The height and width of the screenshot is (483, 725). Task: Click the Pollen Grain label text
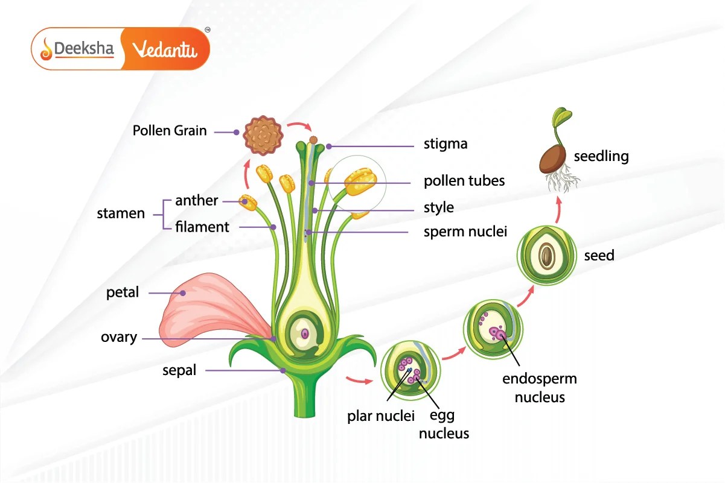(170, 130)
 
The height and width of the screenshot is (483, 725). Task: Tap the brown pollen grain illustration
(263, 135)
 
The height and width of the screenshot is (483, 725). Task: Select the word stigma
(446, 145)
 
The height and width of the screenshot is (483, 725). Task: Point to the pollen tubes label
(464, 180)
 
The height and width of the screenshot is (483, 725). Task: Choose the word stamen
(121, 213)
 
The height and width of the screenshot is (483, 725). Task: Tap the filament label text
(202, 227)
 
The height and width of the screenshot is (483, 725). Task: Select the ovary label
(119, 337)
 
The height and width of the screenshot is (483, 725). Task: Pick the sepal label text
(179, 370)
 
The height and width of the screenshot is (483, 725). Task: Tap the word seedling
(601, 157)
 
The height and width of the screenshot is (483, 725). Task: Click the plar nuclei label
(380, 415)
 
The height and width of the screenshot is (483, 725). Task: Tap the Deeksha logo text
(84, 49)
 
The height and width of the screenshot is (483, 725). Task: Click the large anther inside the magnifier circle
(362, 181)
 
